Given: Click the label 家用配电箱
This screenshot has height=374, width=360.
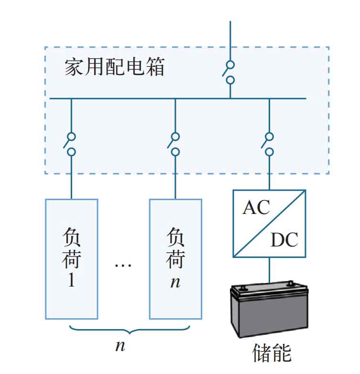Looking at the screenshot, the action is click(x=114, y=67).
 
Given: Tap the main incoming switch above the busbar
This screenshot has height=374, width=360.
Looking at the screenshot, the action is click(x=229, y=73).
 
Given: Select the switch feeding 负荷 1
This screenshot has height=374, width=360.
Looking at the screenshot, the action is click(x=70, y=144).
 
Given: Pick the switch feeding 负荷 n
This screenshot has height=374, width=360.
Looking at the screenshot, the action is click(x=174, y=144).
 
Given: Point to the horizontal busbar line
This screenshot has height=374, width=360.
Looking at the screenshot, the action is click(x=178, y=98).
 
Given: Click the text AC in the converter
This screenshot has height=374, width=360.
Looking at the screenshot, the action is click(x=256, y=207).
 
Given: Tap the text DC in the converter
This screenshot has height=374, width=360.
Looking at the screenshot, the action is click(x=284, y=239).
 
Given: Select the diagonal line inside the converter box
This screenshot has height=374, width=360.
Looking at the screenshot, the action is click(x=269, y=224).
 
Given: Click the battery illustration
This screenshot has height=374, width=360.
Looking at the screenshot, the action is click(x=269, y=310).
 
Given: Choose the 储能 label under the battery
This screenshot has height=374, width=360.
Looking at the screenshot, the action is click(x=272, y=353).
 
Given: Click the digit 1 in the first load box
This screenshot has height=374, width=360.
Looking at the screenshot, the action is click(x=71, y=279).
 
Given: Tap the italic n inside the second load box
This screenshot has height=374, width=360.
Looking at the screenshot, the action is click(x=175, y=282).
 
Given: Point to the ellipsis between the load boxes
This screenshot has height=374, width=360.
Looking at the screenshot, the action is click(x=123, y=265).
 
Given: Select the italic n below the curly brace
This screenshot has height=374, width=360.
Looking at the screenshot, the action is click(x=120, y=346).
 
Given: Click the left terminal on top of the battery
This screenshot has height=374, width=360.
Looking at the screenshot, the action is click(x=243, y=288).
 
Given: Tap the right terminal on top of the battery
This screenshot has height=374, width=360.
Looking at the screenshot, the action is click(x=290, y=284).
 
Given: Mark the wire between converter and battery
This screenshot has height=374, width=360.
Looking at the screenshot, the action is click(x=269, y=270).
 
